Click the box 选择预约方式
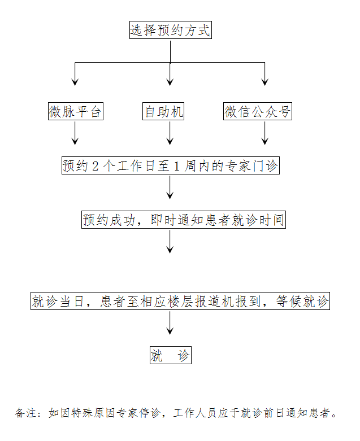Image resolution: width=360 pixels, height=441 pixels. pos(170,30)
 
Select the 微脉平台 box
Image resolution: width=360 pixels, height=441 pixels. pos(75,112)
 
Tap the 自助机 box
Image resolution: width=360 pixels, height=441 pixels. pos(163,112)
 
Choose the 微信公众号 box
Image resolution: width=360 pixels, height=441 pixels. pos(258,112)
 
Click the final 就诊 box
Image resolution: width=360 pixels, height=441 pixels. pos(170,356)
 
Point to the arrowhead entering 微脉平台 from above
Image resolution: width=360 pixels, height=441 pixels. pos(75,82)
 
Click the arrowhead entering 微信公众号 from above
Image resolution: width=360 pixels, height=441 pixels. pos(264,82)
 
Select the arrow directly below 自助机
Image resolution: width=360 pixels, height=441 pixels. pos(170,134)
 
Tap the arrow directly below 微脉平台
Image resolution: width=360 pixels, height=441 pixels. pos(75,134)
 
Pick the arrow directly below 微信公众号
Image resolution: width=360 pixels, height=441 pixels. pos(264,134)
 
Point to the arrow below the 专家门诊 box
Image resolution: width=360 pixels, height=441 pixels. pos(170,188)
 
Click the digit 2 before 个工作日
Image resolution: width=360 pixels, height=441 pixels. pos(96,167)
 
